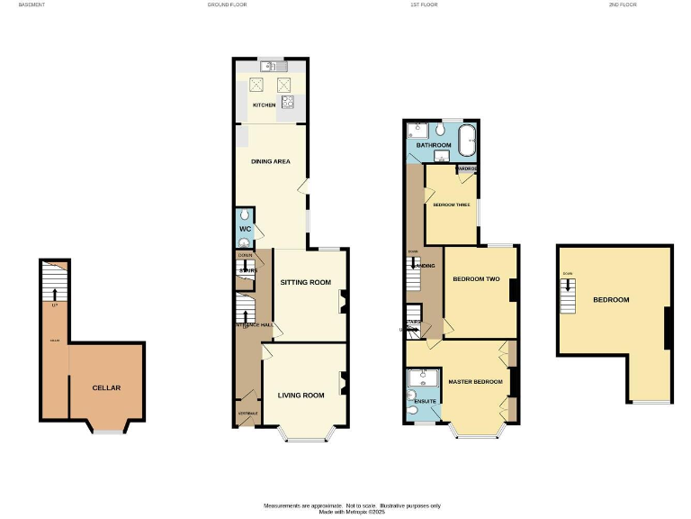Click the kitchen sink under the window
tap(272, 66)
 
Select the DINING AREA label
tap(270, 161)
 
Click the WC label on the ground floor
tap(244, 229)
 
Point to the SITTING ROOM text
tap(306, 282)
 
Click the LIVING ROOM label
tap(301, 395)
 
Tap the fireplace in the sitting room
tap(343, 304)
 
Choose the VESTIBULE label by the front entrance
tap(247, 414)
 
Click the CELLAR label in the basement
tap(106, 388)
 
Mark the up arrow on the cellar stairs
tap(55, 293)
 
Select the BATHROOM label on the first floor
tap(433, 145)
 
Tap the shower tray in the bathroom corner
tap(416, 131)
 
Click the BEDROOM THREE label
tap(451, 205)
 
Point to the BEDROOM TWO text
tap(476, 278)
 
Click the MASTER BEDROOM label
tap(475, 382)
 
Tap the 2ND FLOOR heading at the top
tap(621, 5)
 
